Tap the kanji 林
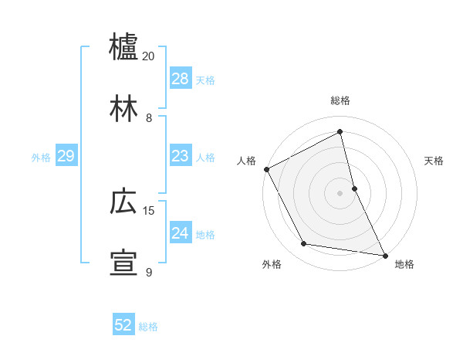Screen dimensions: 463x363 tap(123, 108)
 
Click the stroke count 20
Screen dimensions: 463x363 tap(149, 56)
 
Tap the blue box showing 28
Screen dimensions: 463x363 tap(181, 79)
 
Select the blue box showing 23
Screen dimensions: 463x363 tap(181, 156)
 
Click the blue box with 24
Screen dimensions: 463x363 tap(181, 233)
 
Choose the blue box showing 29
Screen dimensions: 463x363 tap(66, 156)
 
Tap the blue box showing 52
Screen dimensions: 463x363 tap(123, 325)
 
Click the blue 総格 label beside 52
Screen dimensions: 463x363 tap(148, 327)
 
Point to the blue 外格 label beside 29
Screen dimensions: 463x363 tap(41, 158)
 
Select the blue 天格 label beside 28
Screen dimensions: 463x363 tap(205, 80)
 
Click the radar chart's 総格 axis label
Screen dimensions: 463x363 tap(340, 100)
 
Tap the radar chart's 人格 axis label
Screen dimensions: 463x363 tap(246, 161)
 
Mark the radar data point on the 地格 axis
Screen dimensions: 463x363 tap(384, 254)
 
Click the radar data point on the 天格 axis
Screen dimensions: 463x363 tap(354, 188)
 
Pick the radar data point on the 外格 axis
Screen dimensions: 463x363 tap(303, 244)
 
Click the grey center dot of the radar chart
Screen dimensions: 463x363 tap(340, 192)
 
